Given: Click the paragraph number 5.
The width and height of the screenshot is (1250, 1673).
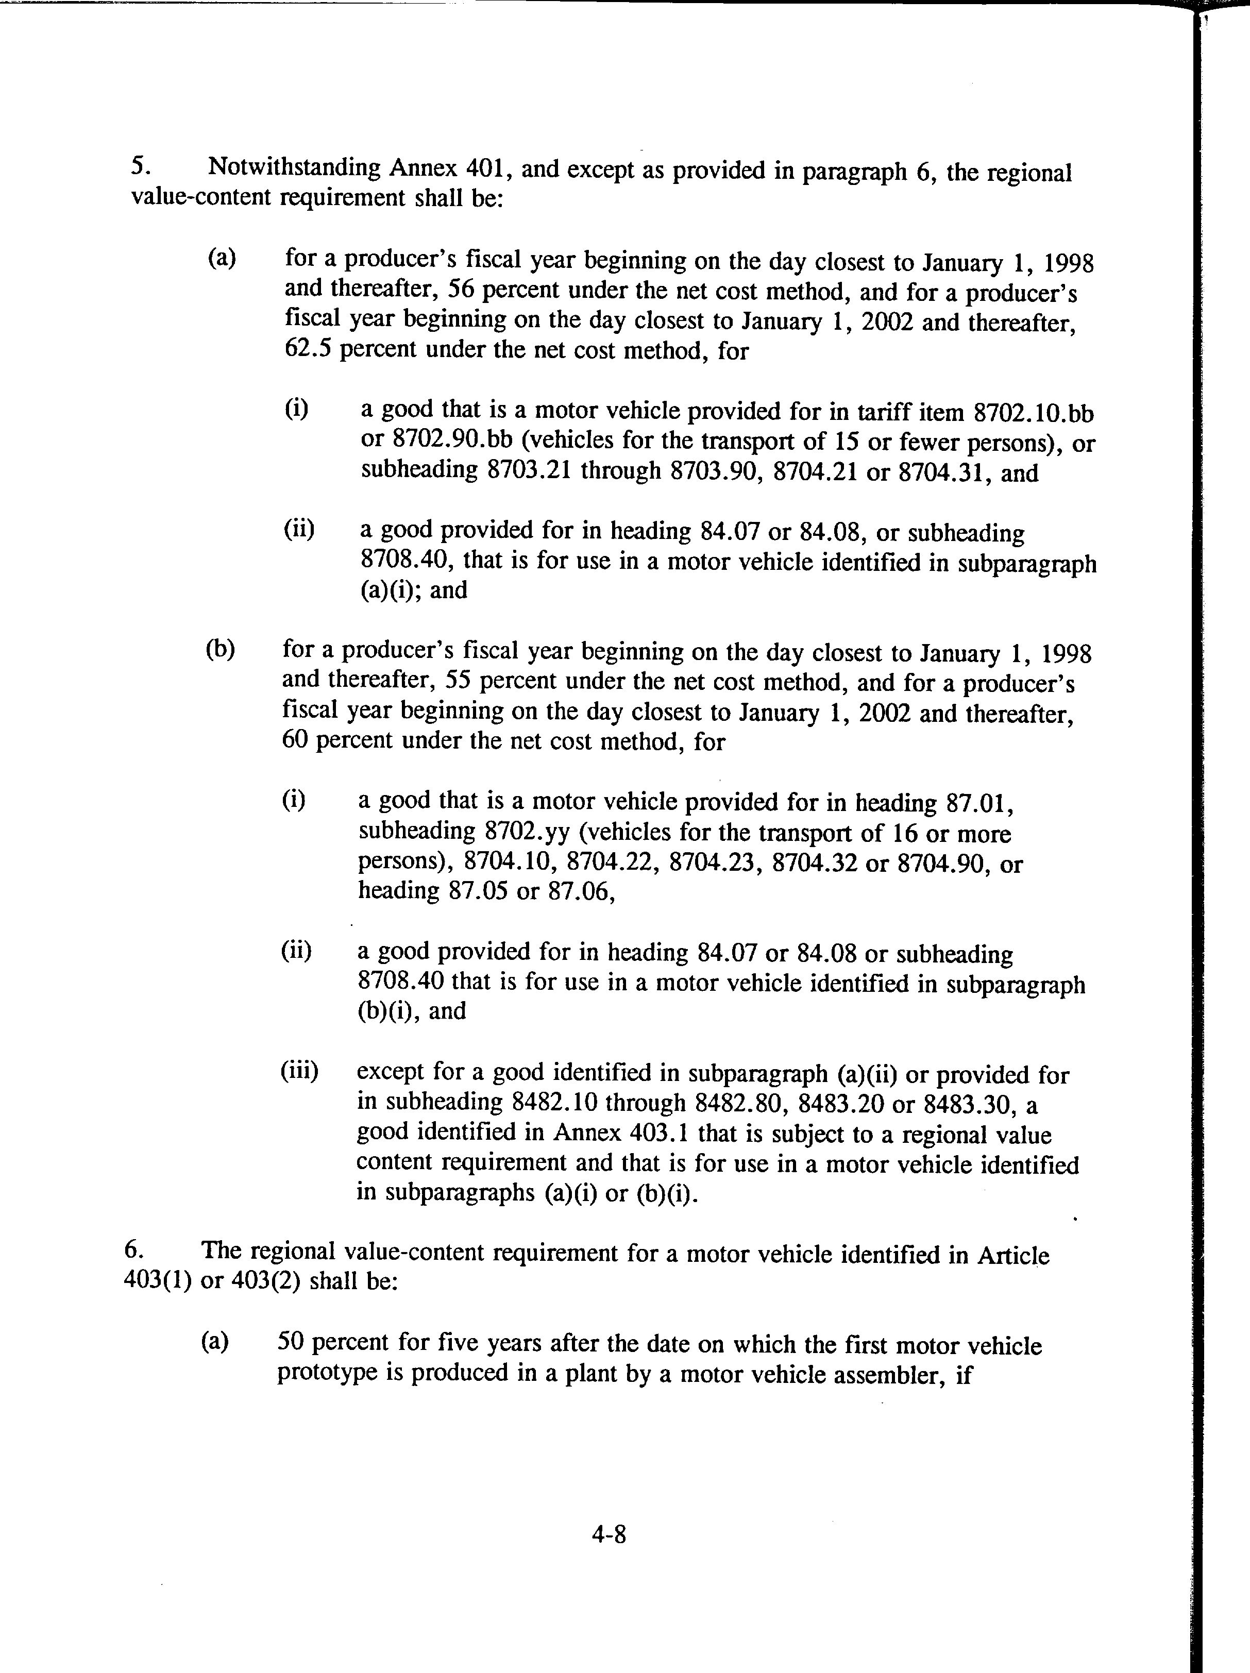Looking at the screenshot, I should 138,165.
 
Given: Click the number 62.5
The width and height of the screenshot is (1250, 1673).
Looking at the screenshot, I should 309,351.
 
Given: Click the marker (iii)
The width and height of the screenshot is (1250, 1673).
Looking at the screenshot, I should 299,1072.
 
